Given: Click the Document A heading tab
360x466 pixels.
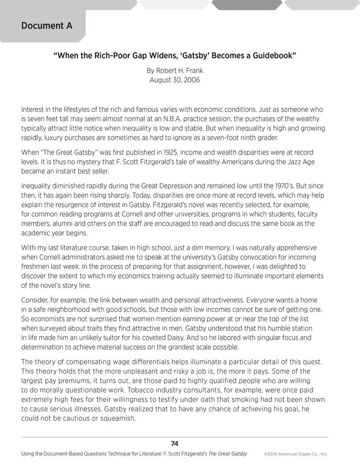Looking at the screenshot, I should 47,26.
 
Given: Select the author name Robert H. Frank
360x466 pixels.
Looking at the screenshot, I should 175,71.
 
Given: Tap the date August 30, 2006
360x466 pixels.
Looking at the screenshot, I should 175,80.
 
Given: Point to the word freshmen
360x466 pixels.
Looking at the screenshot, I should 38,267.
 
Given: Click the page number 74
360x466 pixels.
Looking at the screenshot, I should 175,444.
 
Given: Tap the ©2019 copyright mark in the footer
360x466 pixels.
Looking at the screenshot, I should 273,454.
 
